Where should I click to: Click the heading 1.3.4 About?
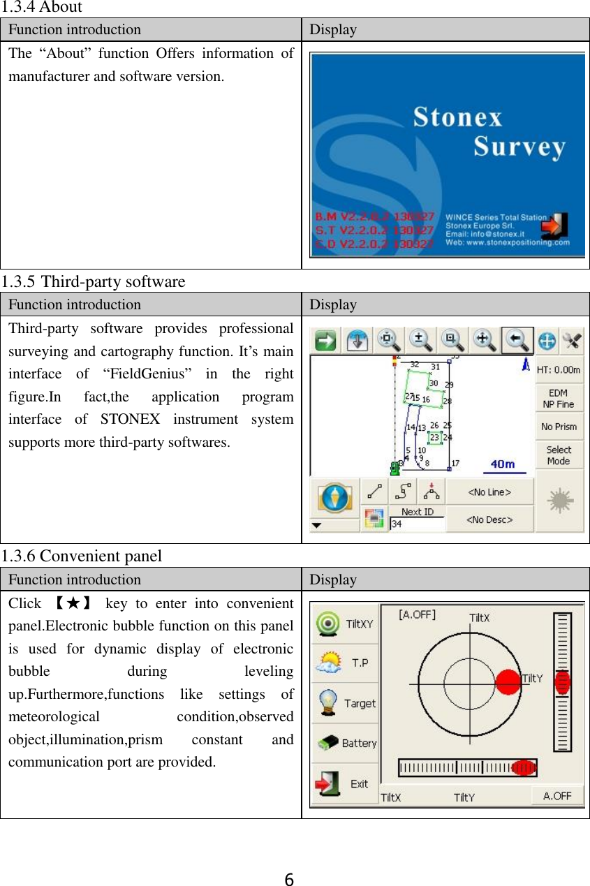point(41,8)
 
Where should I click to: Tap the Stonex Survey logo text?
point(489,132)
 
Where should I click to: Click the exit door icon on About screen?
point(556,228)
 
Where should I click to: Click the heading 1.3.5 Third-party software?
point(93,282)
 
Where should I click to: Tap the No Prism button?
point(559,427)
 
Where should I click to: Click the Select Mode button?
point(559,455)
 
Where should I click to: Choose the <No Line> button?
point(489,492)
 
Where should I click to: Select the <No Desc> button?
point(489,519)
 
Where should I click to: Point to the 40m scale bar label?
point(503,464)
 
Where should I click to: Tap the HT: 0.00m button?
point(559,370)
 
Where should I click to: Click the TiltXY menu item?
point(345,624)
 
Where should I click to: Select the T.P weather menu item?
point(345,663)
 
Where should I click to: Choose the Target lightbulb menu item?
point(345,703)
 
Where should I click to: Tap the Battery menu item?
point(345,743)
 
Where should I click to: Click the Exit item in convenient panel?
point(345,783)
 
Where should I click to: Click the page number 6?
point(289,879)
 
